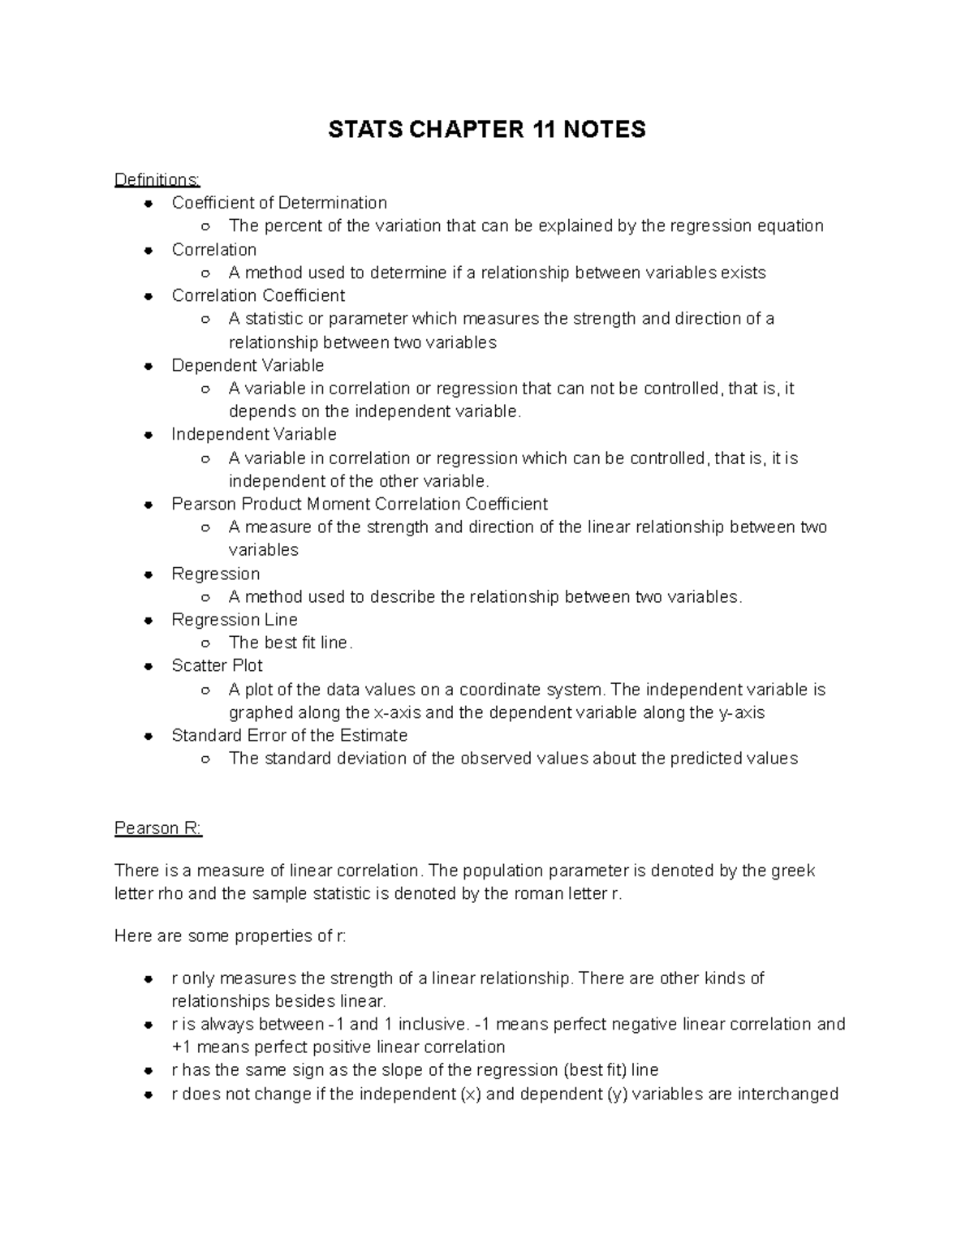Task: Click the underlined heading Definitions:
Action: (x=157, y=179)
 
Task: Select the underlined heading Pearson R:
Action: (x=157, y=828)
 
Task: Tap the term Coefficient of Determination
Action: (x=279, y=203)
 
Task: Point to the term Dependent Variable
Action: (x=248, y=365)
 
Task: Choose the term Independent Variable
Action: (x=254, y=435)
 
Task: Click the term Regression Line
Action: (x=235, y=620)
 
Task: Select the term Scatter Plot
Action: (x=217, y=666)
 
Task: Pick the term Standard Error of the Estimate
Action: (x=289, y=736)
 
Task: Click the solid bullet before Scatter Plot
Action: (x=148, y=667)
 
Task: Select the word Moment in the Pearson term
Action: (x=337, y=504)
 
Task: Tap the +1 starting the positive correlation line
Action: (x=182, y=1047)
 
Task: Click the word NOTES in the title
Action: (x=605, y=130)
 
